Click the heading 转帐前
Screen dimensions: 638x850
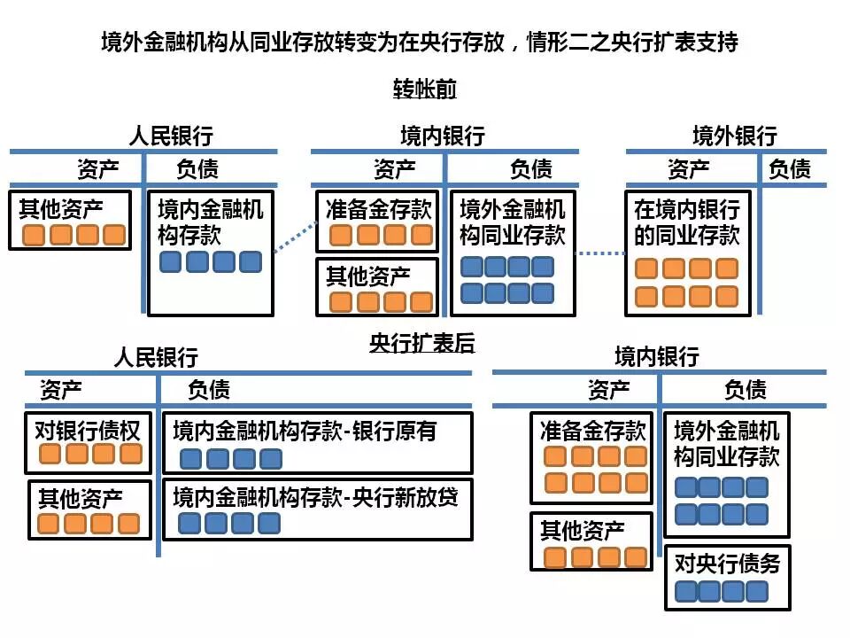[425, 89]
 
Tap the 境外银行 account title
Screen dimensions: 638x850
[734, 136]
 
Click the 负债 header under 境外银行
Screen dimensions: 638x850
[789, 168]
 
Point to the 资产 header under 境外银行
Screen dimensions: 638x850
[688, 168]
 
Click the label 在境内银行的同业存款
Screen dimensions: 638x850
[687, 222]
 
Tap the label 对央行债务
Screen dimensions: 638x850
[727, 564]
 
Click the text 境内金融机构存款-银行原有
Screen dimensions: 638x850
[305, 432]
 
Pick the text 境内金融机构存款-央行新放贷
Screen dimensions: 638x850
[316, 496]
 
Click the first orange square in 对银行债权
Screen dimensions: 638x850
[50, 455]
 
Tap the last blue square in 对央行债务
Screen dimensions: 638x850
[756, 591]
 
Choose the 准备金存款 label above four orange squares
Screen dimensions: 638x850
[378, 209]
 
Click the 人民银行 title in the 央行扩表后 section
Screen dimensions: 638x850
[156, 357]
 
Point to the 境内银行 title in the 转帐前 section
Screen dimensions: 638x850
[443, 136]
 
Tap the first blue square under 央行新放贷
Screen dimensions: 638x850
[189, 523]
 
